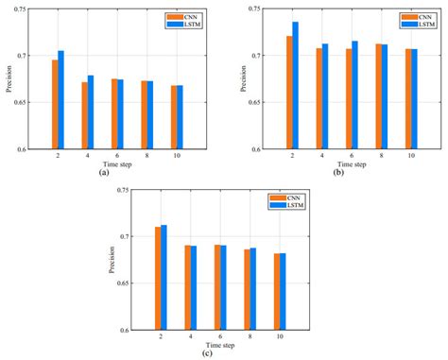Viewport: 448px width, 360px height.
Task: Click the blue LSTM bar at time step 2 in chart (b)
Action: tap(295, 85)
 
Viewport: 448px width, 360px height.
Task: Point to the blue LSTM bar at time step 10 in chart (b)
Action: tap(414, 98)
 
